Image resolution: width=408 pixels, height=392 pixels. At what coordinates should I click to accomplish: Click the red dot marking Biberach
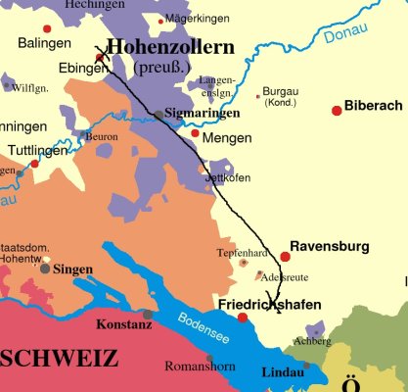pyautogui.click(x=338, y=110)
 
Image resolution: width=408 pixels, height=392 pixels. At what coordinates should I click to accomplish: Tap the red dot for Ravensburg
pyautogui.click(x=285, y=257)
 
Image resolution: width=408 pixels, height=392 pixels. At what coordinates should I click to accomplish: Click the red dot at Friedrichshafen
pyautogui.click(x=243, y=318)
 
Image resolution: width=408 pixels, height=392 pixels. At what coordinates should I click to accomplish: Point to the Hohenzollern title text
pyautogui.click(x=172, y=47)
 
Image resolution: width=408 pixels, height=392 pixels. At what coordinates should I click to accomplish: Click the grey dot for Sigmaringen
pyautogui.click(x=159, y=115)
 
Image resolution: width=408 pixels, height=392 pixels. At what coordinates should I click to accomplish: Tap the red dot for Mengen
pyautogui.click(x=195, y=133)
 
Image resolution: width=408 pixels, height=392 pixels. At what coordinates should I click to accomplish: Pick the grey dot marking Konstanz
pyautogui.click(x=148, y=315)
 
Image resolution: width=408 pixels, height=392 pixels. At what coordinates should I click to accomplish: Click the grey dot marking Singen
pyautogui.click(x=45, y=269)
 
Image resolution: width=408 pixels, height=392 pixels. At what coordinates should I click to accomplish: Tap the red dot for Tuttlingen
pyautogui.click(x=34, y=164)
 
